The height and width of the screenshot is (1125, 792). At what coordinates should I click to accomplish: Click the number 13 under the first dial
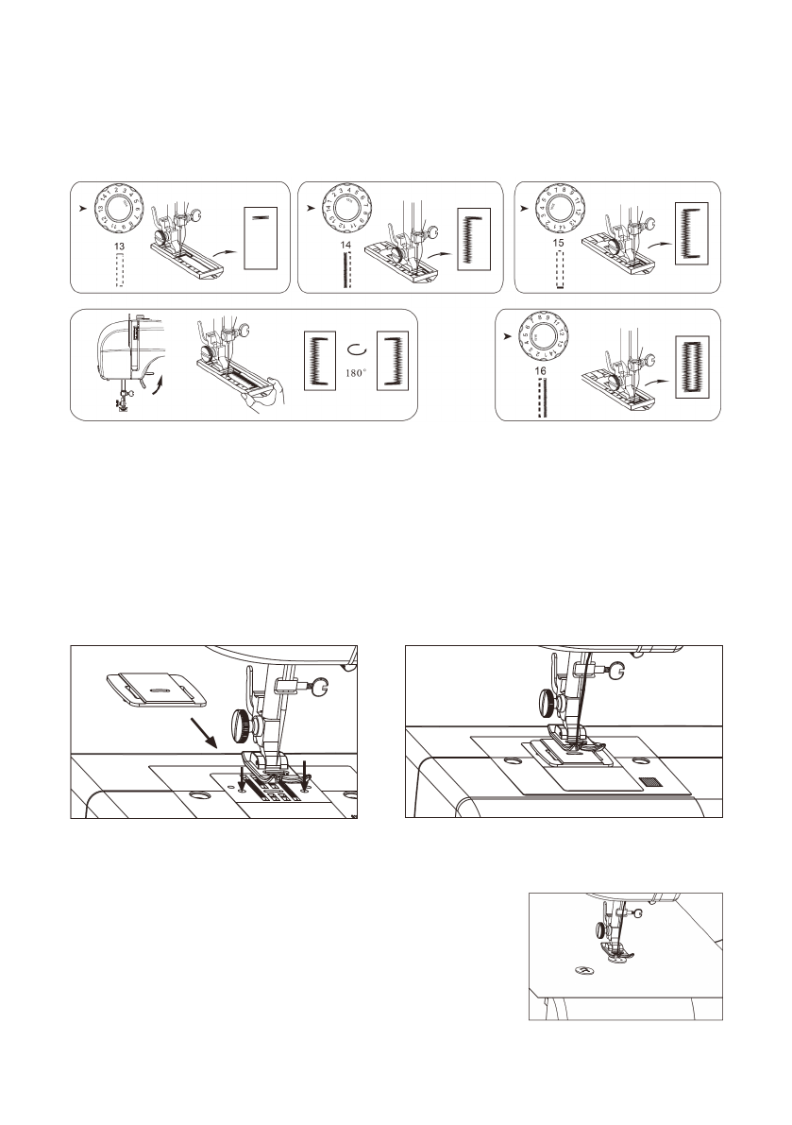[119, 246]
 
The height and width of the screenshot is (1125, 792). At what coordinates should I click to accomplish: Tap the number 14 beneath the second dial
[345, 245]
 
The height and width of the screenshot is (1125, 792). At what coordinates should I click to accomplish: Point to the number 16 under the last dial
[541, 373]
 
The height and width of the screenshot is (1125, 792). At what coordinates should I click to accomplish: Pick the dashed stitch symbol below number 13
[120, 269]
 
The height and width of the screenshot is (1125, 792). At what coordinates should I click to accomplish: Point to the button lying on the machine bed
[585, 970]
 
